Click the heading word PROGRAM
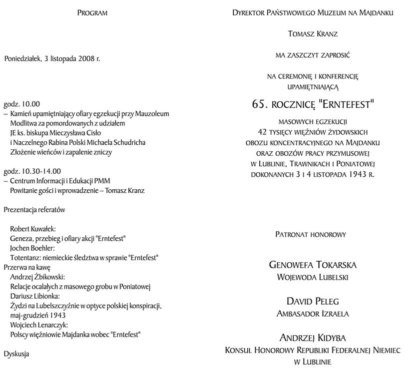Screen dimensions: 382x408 pyautogui.click(x=92, y=12)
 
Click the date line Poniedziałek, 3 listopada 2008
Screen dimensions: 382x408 pyautogui.click(x=52, y=58)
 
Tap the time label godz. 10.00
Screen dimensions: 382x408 pyautogui.click(x=21, y=104)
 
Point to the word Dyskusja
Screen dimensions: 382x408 pyautogui.click(x=16, y=354)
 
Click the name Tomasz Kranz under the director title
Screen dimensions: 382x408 pyautogui.click(x=313, y=34)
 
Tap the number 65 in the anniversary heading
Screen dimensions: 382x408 pyautogui.click(x=258, y=105)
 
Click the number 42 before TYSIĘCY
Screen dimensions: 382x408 pyautogui.click(x=260, y=131)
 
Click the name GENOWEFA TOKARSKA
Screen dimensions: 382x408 pyautogui.click(x=313, y=264)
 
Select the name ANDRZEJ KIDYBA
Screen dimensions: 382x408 pyautogui.click(x=313, y=339)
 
